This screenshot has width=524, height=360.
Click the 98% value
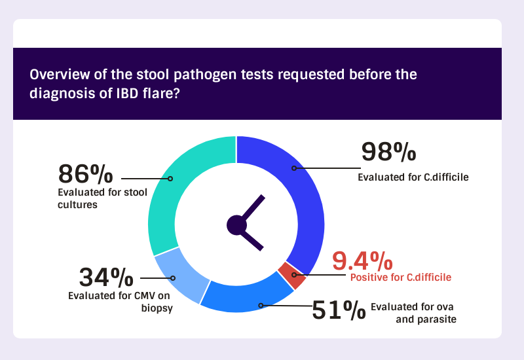[x=388, y=152]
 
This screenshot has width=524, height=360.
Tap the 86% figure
[x=86, y=173]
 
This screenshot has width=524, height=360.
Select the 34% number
[x=106, y=277]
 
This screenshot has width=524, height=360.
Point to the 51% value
[x=339, y=310]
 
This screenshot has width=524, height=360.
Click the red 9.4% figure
[x=363, y=261]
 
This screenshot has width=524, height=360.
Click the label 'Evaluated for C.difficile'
[x=413, y=177]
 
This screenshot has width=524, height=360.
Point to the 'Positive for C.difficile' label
[x=401, y=277]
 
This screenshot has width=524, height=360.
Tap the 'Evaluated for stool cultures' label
[x=102, y=198]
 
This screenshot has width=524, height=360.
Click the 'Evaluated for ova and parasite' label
[x=413, y=313]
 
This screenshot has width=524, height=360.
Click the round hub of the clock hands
[x=236, y=225]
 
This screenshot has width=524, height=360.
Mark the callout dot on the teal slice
[x=170, y=179]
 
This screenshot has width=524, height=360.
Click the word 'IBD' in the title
[x=127, y=93]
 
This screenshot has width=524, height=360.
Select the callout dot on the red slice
[x=294, y=275]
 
